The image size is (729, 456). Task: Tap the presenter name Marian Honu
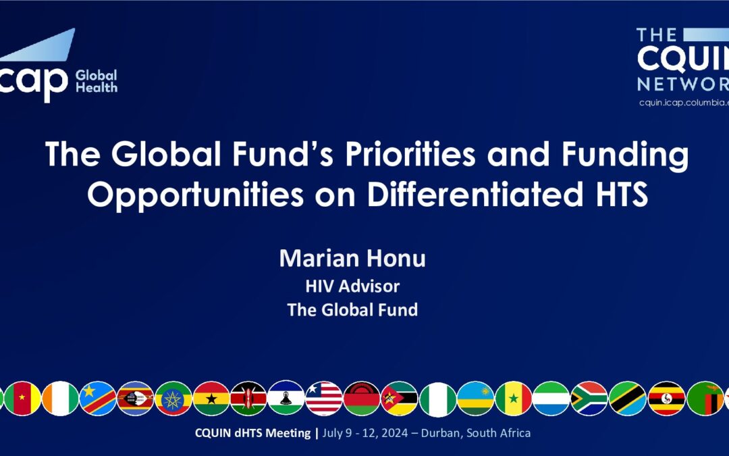(x=352, y=259)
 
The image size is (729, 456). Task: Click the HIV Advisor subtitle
(x=352, y=286)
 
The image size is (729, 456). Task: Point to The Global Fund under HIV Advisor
(x=352, y=310)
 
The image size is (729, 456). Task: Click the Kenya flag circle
(x=248, y=399)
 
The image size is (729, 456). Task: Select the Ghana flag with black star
(x=211, y=399)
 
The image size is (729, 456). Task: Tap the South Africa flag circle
(x=589, y=399)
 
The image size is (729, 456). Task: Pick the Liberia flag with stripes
(x=324, y=399)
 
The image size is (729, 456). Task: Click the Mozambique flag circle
(x=399, y=399)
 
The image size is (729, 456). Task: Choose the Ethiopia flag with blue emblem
(x=173, y=399)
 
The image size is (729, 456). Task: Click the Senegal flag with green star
(x=514, y=399)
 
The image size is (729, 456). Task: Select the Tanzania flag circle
(x=628, y=399)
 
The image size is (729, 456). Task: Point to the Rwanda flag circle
(x=475, y=399)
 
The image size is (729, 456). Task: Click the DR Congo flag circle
(x=98, y=399)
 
